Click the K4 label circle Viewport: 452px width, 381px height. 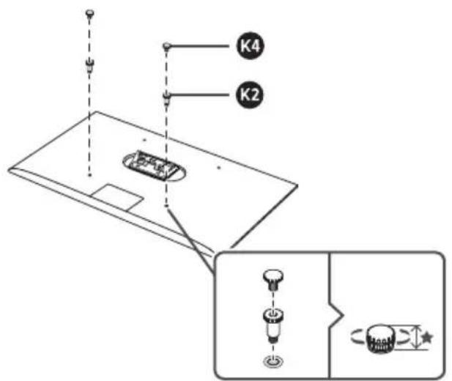point(251,46)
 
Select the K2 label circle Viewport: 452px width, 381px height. point(250,95)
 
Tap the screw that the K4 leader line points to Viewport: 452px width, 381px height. point(167,47)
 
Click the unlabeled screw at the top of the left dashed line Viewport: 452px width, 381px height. point(90,14)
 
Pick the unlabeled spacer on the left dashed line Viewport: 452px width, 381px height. point(89,65)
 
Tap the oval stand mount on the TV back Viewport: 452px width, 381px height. point(155,166)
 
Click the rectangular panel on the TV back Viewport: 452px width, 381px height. point(118,197)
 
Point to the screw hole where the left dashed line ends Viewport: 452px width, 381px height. point(90,175)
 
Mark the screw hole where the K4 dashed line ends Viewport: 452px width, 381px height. point(166,206)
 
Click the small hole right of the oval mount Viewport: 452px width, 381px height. point(219,167)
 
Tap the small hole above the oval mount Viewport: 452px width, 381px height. point(145,140)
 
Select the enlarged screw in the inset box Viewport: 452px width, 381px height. point(273,280)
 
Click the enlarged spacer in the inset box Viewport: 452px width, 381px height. point(273,325)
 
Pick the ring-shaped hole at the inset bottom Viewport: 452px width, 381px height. point(273,360)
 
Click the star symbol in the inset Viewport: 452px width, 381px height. point(427,337)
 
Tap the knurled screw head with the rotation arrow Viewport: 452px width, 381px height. point(379,339)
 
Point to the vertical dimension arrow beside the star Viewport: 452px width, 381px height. point(415,337)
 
